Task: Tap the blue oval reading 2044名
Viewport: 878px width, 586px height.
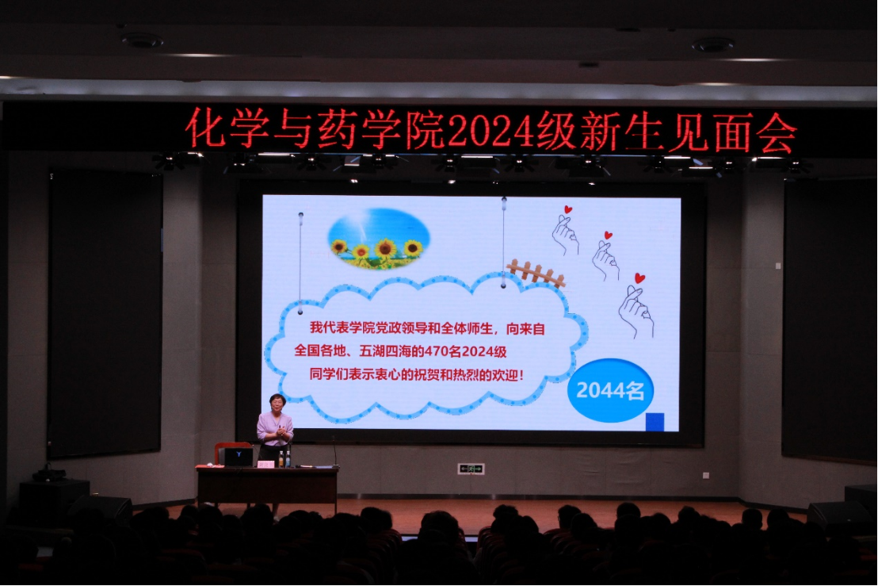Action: [610, 390]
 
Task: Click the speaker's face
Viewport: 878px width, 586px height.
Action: [277, 404]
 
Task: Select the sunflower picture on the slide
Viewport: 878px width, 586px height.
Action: [379, 238]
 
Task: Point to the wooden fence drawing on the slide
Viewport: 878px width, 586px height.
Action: [536, 273]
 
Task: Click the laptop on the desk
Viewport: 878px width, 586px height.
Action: [239, 458]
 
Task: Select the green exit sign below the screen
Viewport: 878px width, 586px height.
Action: [471, 469]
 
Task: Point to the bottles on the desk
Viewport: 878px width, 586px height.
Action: [284, 459]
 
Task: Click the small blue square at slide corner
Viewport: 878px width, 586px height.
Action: [655, 422]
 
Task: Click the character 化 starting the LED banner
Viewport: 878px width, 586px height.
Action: [205, 128]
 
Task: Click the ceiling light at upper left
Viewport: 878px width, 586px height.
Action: [142, 40]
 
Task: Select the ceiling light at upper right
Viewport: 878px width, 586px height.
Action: [713, 45]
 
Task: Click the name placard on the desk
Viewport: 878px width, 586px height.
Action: [266, 464]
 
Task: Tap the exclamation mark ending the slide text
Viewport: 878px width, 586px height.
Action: [522, 375]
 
